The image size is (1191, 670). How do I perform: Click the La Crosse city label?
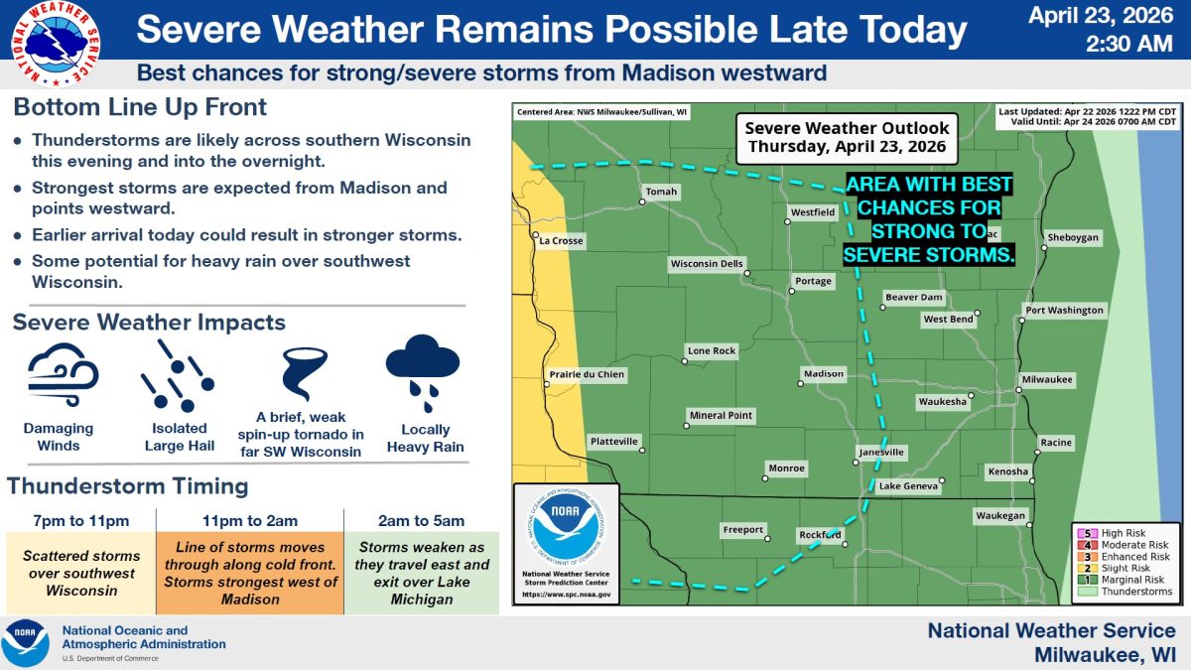(561, 241)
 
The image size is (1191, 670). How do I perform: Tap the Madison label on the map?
(823, 374)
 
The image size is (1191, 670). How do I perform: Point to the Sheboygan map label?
(1073, 237)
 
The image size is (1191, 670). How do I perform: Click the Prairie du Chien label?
(587, 374)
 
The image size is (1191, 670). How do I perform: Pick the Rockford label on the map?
(821, 535)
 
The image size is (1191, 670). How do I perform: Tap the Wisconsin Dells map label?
(706, 264)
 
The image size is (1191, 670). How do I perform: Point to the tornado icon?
(299, 373)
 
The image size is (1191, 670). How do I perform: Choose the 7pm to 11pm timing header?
(80, 520)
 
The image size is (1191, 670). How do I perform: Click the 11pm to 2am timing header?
(249, 520)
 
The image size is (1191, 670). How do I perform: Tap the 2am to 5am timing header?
(423, 520)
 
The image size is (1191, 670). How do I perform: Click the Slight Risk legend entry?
(1123, 569)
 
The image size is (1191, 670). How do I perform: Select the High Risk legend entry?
(1123, 533)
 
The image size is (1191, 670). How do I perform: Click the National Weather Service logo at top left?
(56, 43)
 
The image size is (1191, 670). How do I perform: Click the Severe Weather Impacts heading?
(149, 323)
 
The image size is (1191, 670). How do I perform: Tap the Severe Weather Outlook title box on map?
(847, 138)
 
